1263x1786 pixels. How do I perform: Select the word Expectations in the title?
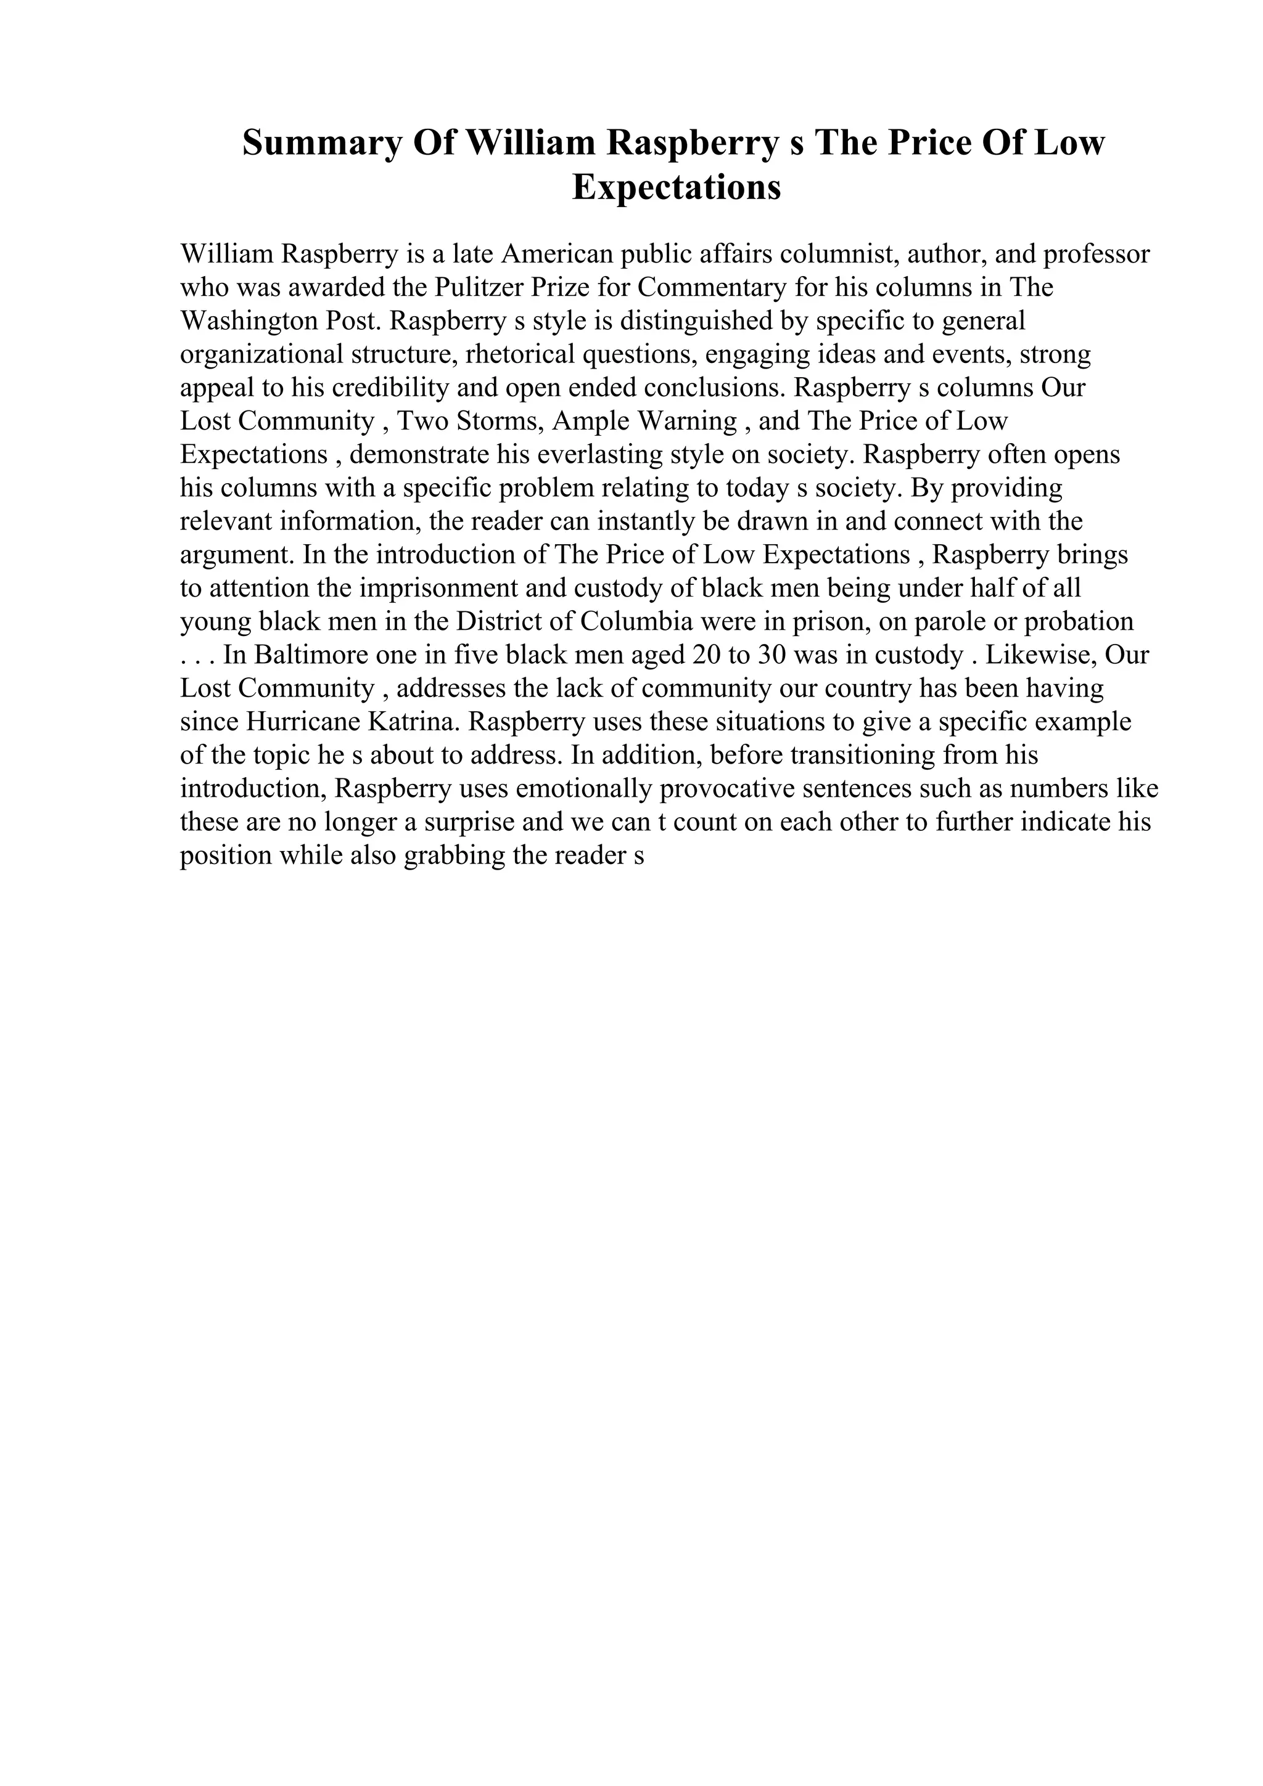coord(677,187)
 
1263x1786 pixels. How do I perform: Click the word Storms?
coord(500,422)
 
